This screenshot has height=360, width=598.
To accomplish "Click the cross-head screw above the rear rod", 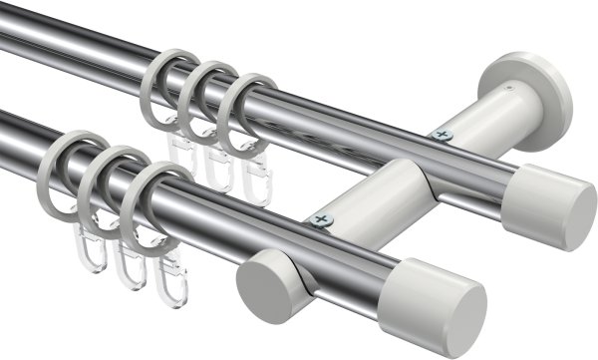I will click(443, 134).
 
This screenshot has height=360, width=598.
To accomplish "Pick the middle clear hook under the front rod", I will click(127, 263).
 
